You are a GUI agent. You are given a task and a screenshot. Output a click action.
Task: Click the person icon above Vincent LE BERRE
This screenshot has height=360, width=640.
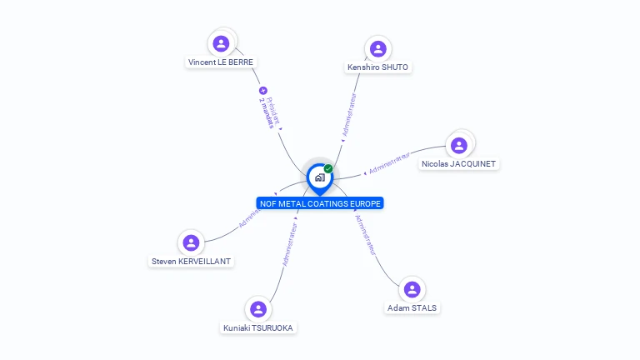pyautogui.click(x=221, y=43)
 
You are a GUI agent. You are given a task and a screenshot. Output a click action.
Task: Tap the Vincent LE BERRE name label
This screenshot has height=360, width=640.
pyautogui.click(x=221, y=62)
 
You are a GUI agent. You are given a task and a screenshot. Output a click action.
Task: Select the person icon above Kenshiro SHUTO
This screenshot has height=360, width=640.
pyautogui.click(x=377, y=48)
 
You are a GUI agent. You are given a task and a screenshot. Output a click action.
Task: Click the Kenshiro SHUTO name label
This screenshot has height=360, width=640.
pyautogui.click(x=378, y=67)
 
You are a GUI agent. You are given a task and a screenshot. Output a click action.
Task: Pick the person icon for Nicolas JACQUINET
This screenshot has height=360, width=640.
pyautogui.click(x=458, y=146)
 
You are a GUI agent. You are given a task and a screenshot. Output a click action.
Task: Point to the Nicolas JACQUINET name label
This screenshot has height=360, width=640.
pyautogui.click(x=459, y=164)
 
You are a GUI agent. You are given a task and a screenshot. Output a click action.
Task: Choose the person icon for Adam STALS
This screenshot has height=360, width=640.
pyautogui.click(x=412, y=289)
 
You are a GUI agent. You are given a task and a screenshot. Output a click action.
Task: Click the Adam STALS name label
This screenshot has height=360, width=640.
pyautogui.click(x=412, y=307)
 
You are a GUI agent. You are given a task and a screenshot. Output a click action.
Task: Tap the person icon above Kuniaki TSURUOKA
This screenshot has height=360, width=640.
pyautogui.click(x=258, y=309)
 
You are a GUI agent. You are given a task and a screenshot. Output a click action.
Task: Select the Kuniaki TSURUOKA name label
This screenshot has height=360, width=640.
pyautogui.click(x=258, y=327)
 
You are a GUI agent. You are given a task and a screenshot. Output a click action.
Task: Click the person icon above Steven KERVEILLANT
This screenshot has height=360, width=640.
pyautogui.click(x=191, y=242)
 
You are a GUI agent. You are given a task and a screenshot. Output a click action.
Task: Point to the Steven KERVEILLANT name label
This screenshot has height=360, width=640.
pyautogui.click(x=191, y=261)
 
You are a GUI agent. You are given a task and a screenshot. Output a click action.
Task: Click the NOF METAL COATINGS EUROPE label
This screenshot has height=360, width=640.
pyautogui.click(x=320, y=203)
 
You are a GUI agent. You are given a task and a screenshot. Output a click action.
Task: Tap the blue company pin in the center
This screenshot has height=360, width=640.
pyautogui.click(x=319, y=177)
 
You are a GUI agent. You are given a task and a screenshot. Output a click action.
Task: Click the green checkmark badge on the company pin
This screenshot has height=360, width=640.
pyautogui.click(x=328, y=168)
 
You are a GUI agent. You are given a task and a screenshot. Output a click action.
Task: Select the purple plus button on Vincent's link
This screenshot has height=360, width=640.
pyautogui.click(x=263, y=90)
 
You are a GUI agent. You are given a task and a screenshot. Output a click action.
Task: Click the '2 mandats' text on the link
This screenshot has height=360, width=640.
pyautogui.click(x=266, y=112)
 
